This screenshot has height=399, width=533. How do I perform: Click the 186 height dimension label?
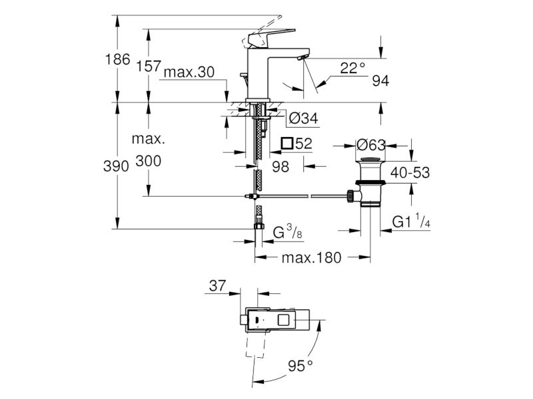point(118,59)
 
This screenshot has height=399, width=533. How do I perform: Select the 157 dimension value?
point(148,66)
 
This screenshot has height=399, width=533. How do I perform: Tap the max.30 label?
point(189,72)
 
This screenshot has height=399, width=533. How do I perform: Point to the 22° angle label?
point(352,68)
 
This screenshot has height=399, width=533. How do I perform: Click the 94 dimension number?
point(380,80)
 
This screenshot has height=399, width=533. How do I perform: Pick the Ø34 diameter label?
point(304,118)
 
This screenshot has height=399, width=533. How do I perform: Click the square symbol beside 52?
point(287,143)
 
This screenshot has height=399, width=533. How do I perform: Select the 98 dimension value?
point(280,167)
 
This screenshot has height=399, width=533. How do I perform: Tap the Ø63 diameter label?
point(371,145)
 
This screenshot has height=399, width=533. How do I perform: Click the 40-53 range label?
point(410,173)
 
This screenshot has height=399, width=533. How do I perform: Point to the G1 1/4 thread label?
point(411,221)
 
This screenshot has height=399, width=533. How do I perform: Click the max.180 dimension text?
point(311,258)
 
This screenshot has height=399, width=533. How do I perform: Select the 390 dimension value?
point(116,166)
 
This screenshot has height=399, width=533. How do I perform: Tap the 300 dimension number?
point(148,161)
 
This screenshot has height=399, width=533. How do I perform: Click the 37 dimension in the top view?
point(217,286)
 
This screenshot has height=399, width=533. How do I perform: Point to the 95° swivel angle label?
point(300,366)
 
